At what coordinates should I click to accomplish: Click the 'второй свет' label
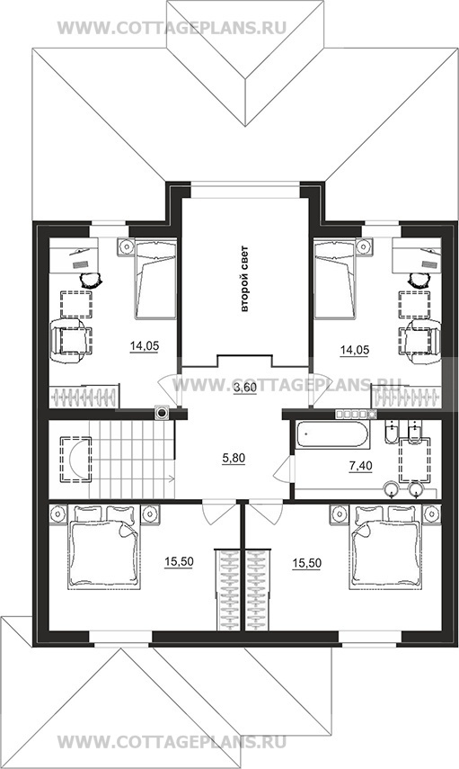coord(245,278)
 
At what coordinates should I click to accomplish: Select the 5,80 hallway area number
coord(234,459)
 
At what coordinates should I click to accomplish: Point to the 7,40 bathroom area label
coord(360,466)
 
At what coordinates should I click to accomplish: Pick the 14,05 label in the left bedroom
coord(144,347)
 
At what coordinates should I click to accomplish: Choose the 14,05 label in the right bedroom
coord(355,350)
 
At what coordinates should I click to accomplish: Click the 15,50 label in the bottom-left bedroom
coord(179,562)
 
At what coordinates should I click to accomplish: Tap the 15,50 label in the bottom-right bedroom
coord(306,564)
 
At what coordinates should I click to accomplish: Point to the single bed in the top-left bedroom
coord(155,279)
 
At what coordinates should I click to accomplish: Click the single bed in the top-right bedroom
coord(334,279)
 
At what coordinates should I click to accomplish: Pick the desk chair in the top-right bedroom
coord(418,280)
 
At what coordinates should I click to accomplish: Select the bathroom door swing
coord(284,469)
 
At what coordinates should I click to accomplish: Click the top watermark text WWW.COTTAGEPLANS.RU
coord(172,28)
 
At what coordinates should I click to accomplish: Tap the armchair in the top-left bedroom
coord(71,341)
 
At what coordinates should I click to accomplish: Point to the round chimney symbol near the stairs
coord(161,413)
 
